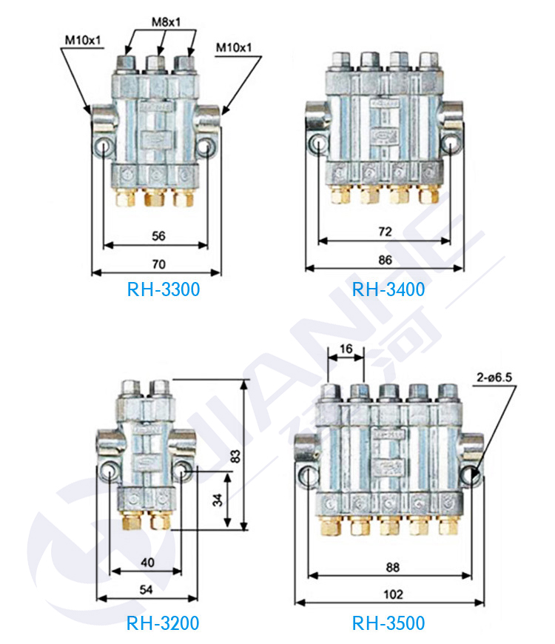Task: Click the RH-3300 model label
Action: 163,289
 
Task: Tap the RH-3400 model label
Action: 388,289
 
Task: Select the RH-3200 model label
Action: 163,624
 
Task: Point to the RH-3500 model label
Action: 388,624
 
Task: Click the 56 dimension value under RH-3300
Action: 158,236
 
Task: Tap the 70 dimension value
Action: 158,264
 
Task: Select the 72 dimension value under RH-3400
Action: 384,232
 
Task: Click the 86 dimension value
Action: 384,260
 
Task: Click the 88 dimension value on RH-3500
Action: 392,568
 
